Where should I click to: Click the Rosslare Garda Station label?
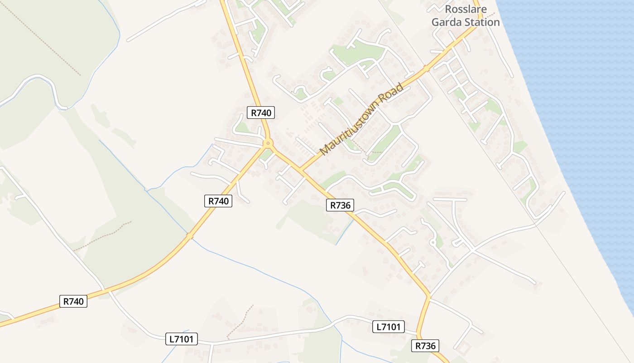(x=466, y=15)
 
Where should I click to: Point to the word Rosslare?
(x=465, y=9)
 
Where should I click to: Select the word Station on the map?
(x=483, y=22)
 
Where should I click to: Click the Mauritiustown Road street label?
(x=361, y=119)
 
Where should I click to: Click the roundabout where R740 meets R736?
(x=268, y=144)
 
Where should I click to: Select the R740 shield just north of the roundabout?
(x=261, y=113)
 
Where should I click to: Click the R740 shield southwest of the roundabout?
(x=218, y=201)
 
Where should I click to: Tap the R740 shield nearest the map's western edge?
(x=73, y=301)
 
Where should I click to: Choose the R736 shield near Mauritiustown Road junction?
(x=340, y=205)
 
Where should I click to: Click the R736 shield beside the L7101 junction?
(x=425, y=346)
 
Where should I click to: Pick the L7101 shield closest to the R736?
(x=389, y=327)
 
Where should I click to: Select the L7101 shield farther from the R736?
(x=183, y=338)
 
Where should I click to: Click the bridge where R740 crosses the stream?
(x=189, y=236)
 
